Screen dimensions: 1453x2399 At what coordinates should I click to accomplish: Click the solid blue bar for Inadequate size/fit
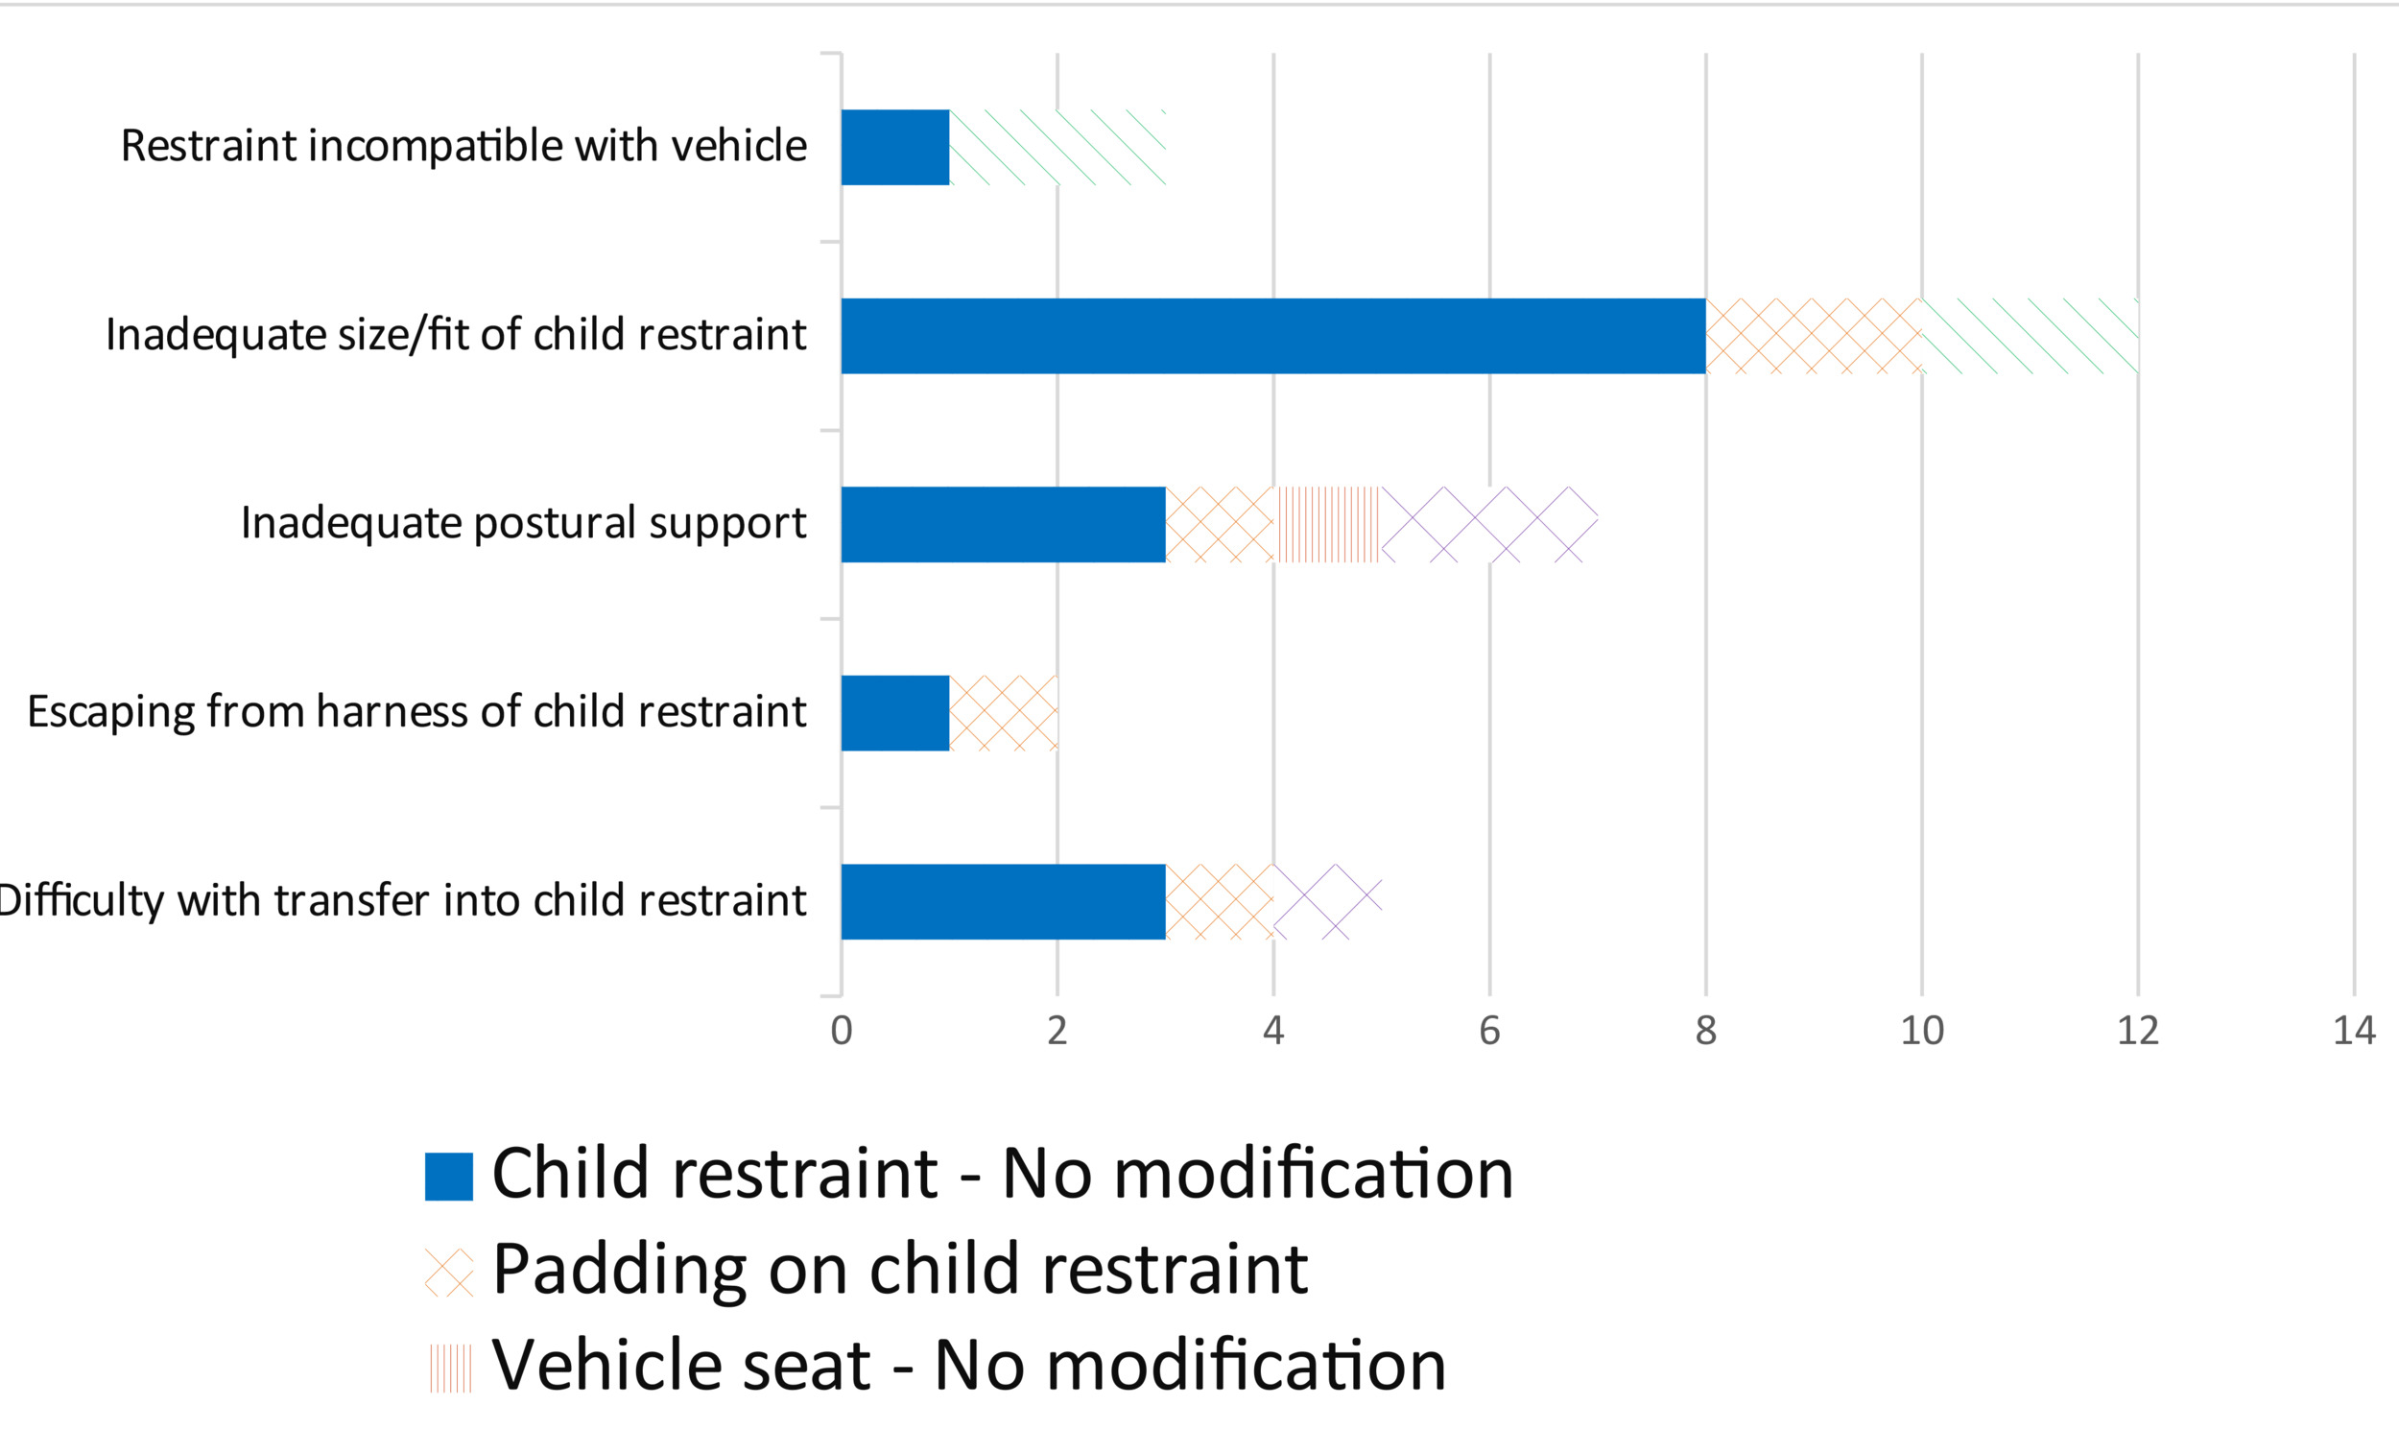[1272, 336]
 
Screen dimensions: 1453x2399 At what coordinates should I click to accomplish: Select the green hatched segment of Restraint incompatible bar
[1057, 147]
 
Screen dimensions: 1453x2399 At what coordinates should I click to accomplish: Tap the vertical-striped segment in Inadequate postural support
[1327, 525]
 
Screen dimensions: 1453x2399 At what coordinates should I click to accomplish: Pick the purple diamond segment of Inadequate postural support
[1488, 525]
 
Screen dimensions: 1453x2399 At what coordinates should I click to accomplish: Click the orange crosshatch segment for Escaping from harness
[1003, 713]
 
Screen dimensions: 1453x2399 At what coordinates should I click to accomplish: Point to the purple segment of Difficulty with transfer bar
[1326, 902]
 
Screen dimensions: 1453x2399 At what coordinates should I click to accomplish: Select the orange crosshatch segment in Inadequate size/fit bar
[1813, 336]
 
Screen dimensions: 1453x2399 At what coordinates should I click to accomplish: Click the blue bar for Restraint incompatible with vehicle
[894, 147]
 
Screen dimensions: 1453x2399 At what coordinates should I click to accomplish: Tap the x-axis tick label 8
[1705, 1031]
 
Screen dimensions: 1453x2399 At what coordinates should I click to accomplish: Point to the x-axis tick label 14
[2353, 1031]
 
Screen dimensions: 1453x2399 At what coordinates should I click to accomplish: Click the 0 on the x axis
[842, 1031]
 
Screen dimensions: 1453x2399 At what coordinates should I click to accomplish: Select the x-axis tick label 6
[1488, 1031]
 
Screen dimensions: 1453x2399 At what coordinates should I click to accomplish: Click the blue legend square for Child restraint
[449, 1177]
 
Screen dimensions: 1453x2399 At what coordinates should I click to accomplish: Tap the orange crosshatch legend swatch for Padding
[449, 1272]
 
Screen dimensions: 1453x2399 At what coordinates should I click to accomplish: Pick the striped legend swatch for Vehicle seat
[449, 1368]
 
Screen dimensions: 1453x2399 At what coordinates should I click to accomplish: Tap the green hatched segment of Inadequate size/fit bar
[2029, 336]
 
